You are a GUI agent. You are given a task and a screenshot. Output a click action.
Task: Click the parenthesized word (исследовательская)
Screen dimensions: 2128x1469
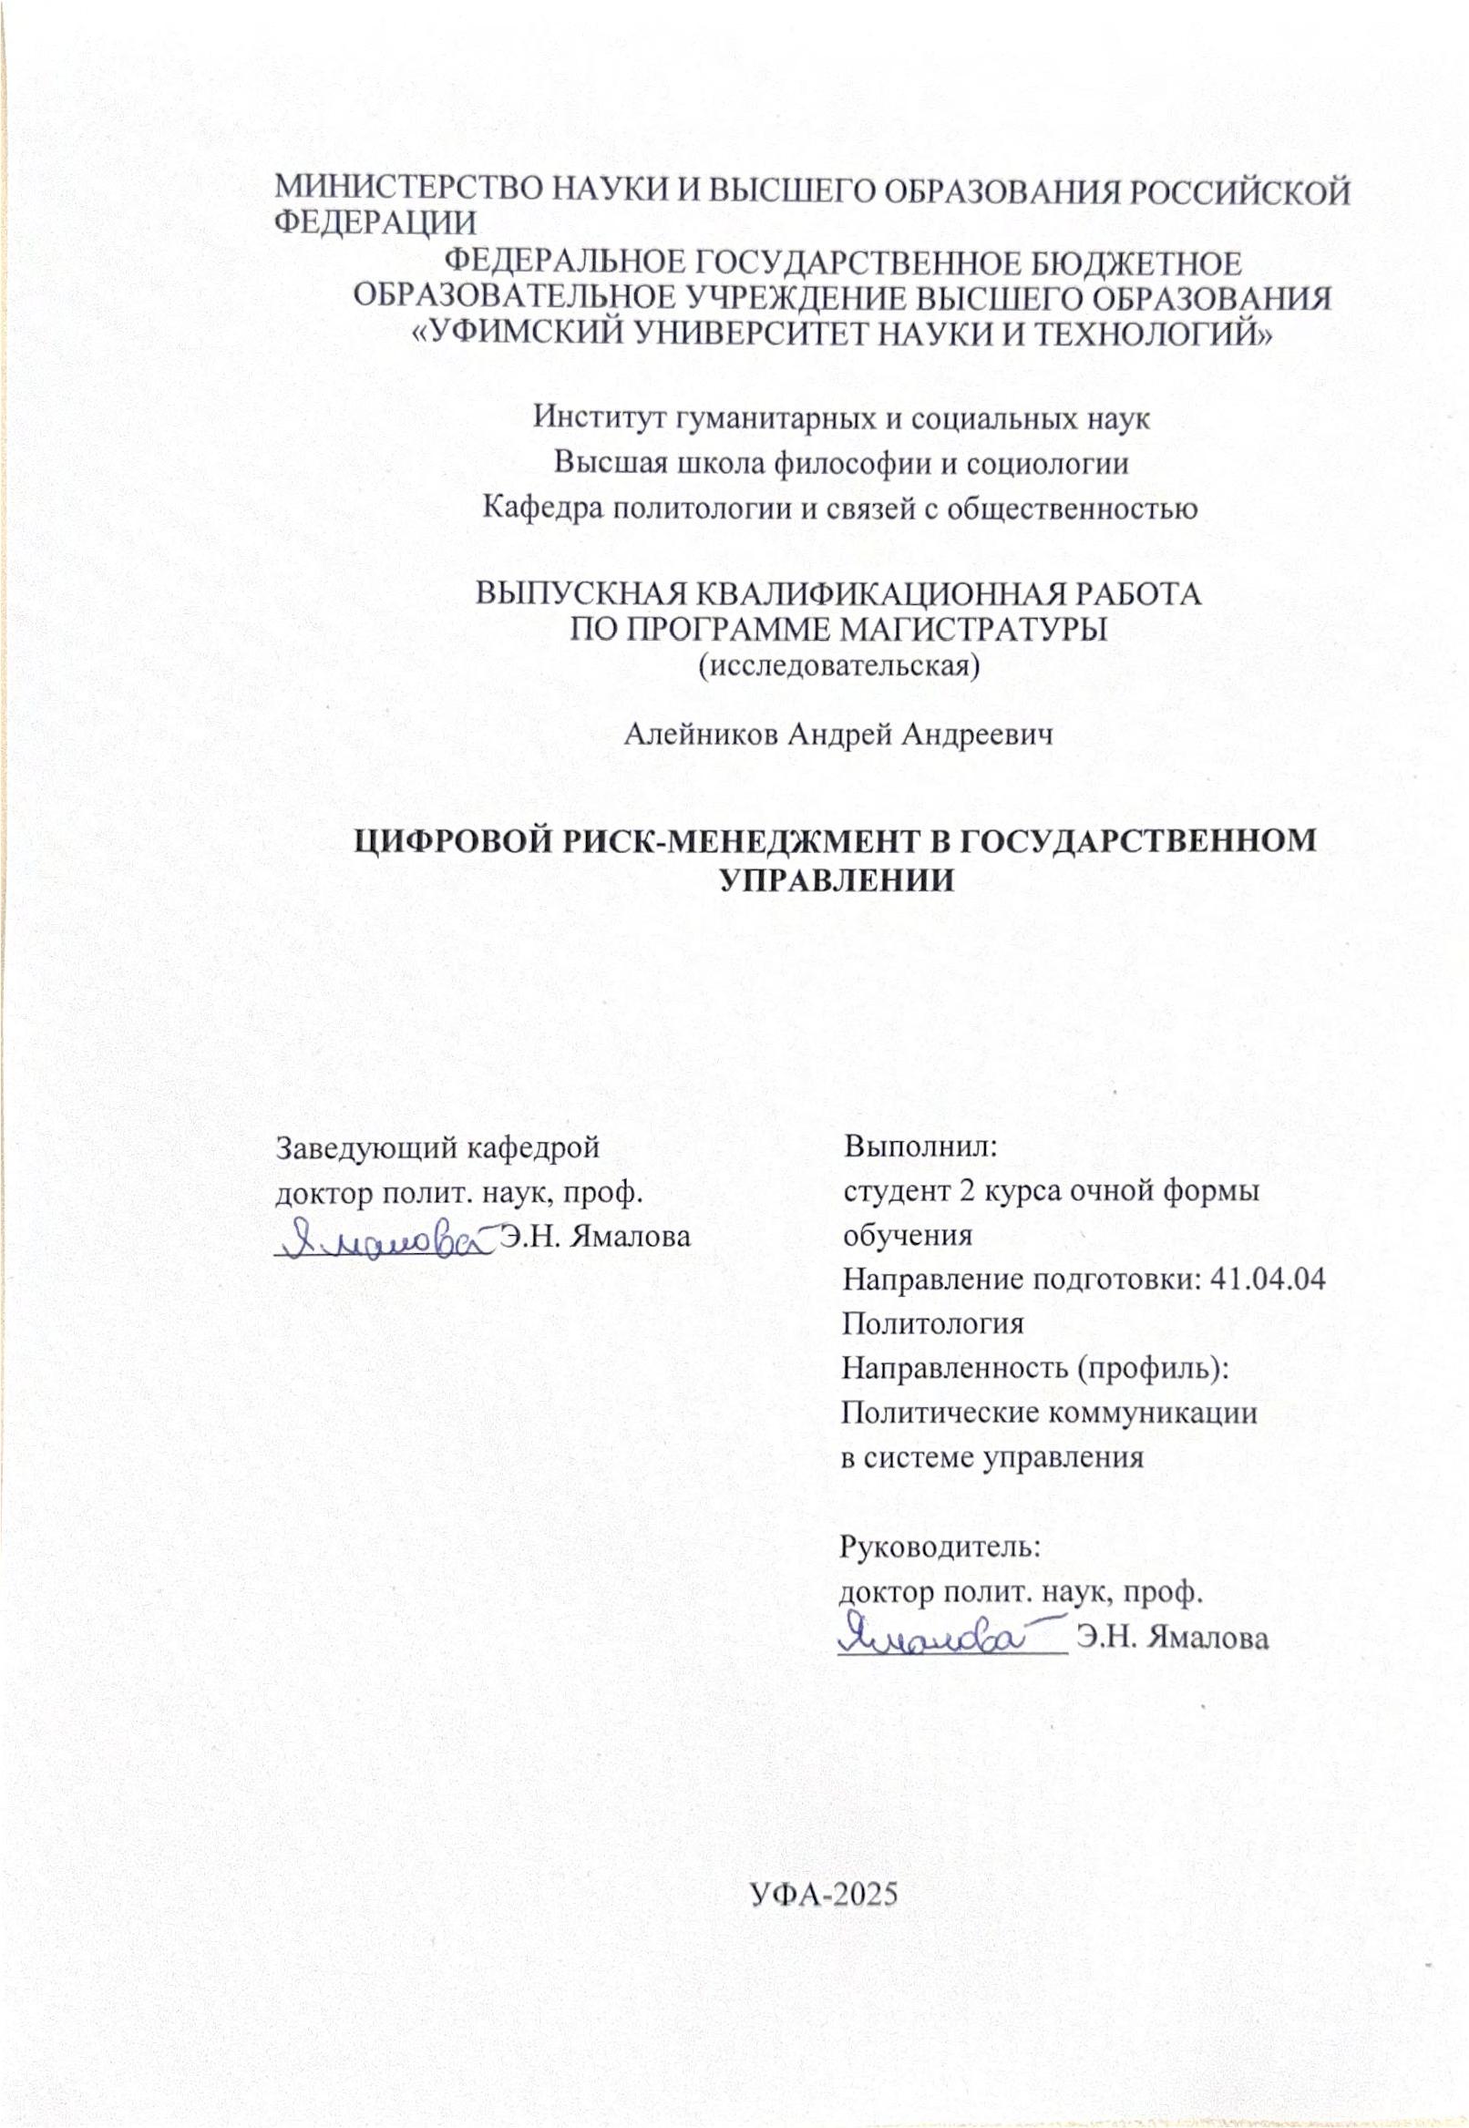point(837,664)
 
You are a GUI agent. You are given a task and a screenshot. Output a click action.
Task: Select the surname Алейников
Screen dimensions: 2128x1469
point(699,735)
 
